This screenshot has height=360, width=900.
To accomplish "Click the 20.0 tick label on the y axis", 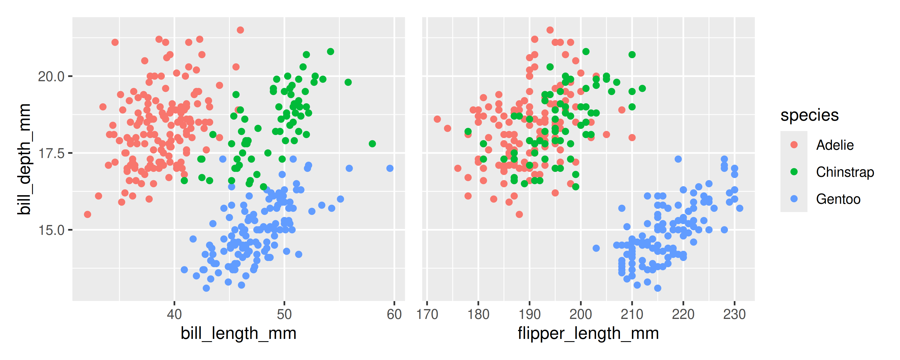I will coord(51,76).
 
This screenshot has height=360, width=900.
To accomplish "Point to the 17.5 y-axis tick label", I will coord(51,153).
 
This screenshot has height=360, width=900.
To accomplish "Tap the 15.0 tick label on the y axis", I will coord(51,230).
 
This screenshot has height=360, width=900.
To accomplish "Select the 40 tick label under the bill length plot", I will coord(174,314).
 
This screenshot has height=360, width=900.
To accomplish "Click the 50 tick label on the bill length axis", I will coord(284,314).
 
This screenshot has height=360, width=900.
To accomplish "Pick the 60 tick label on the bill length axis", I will coord(394,314).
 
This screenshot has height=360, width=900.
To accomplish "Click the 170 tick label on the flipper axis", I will coord(427,314).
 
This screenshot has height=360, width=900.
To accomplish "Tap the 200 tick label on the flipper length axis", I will coord(581,314).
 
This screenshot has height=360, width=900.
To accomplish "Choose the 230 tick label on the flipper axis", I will coord(734,314).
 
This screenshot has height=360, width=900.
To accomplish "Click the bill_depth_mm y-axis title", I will coord(24,159).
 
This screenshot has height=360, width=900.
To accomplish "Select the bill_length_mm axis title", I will coord(238,333).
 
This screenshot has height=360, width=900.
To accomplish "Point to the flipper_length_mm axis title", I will coord(588,333).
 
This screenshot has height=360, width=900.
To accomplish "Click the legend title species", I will coord(809,115).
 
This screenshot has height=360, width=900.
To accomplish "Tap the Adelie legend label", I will coord(835,145).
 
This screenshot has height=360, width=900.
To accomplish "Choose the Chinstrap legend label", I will coord(845,172).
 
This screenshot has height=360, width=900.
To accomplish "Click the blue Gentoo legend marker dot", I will coord(794,199).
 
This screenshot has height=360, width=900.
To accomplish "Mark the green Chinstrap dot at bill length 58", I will coord(372,144).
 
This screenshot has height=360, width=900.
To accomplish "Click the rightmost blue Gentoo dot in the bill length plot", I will coord(390,168).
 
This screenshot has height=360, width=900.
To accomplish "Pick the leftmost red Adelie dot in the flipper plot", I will coord(437,119).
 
